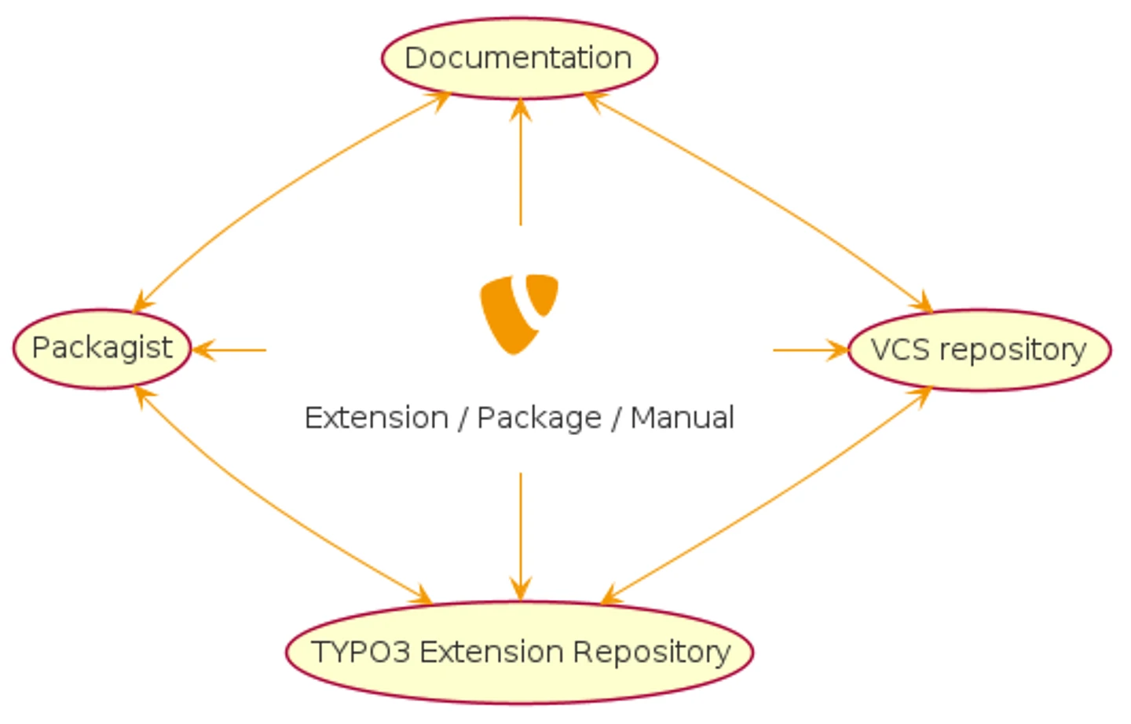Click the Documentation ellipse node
[519, 58]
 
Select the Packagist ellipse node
[102, 349]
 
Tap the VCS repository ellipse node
[979, 350]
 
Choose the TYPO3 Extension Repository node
[519, 652]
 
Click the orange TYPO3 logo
[518, 313]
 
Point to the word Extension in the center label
[376, 418]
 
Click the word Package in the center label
[539, 418]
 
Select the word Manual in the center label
[682, 418]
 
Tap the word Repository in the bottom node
[651, 652]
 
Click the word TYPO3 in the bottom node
[361, 652]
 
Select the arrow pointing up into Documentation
[520, 165]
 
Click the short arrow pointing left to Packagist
[232, 350]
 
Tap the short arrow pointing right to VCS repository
[809, 350]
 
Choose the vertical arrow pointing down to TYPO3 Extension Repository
[520, 534]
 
